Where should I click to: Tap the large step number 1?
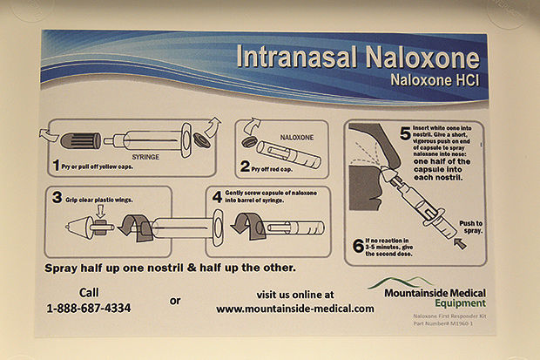click(x=54, y=164)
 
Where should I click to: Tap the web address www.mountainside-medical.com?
click(x=295, y=308)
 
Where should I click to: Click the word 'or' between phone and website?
click(x=175, y=300)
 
